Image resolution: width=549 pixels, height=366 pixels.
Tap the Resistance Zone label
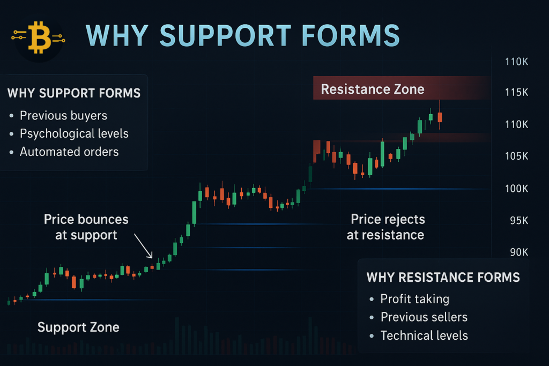click(x=372, y=89)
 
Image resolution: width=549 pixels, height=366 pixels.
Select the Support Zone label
click(x=78, y=327)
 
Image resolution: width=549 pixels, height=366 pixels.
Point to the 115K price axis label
click(x=517, y=93)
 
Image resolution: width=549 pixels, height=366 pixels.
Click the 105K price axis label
click(x=517, y=156)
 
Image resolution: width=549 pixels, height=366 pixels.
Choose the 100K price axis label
click(x=517, y=189)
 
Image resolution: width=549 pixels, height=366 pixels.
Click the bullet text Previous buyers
click(x=63, y=116)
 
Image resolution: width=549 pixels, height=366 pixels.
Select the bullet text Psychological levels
click(x=74, y=133)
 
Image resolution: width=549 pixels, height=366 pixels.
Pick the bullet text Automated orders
click(x=69, y=152)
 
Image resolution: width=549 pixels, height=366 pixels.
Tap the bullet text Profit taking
click(x=414, y=299)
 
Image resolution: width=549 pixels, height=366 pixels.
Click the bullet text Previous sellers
click(x=424, y=317)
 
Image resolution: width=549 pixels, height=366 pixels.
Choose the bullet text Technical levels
click(x=424, y=335)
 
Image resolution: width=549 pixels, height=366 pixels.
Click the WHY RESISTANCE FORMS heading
click(x=443, y=277)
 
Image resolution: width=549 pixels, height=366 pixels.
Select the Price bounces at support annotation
click(x=86, y=227)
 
